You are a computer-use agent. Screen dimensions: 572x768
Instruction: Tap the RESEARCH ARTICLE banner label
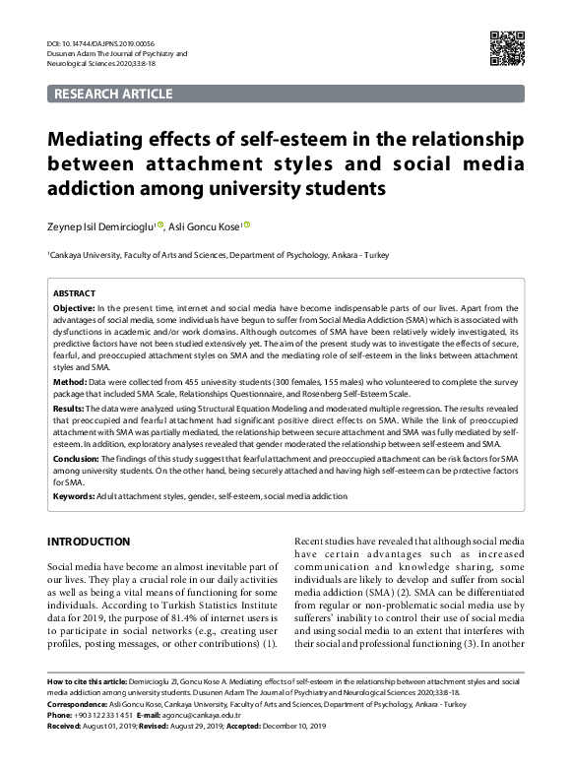(x=115, y=95)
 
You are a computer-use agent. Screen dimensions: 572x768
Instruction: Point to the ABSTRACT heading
(x=74, y=293)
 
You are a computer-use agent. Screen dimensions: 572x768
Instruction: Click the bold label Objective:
(x=75, y=309)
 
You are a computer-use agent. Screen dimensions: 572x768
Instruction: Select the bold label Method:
(x=69, y=380)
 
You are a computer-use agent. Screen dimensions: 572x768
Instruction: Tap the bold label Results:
(x=70, y=407)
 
